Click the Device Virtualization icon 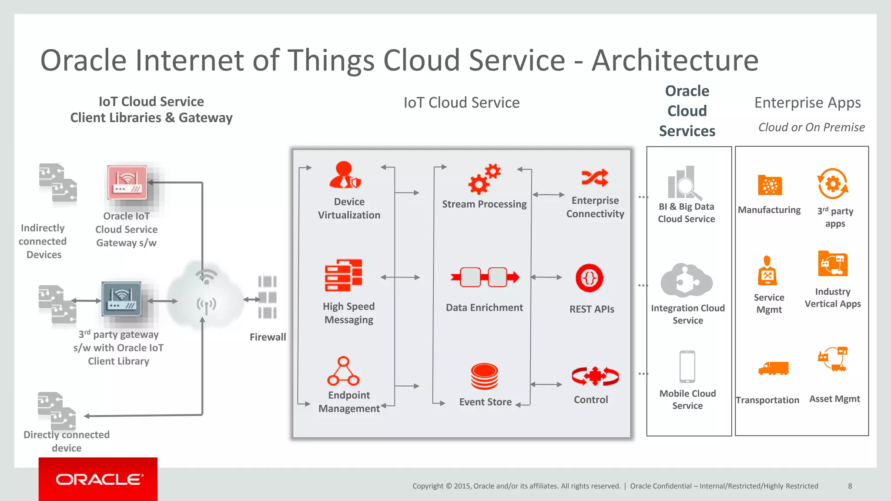pos(345,175)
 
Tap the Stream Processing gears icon pos(484,179)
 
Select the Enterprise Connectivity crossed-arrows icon pos(595,177)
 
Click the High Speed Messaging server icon pos(343,275)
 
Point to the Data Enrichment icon pos(485,277)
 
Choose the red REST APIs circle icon pos(589,278)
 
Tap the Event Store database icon pos(484,376)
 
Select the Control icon pos(595,376)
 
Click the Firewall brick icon pos(267,297)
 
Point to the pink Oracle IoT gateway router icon pos(127,182)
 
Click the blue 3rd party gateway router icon pos(121,299)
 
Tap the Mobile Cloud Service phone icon pos(687,367)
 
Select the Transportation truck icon pos(773,368)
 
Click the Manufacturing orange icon pos(770,185)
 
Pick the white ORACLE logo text pos(99,479)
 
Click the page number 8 pos(850,486)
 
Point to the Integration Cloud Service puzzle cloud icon pos(687,281)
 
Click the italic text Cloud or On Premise pos(811,127)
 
